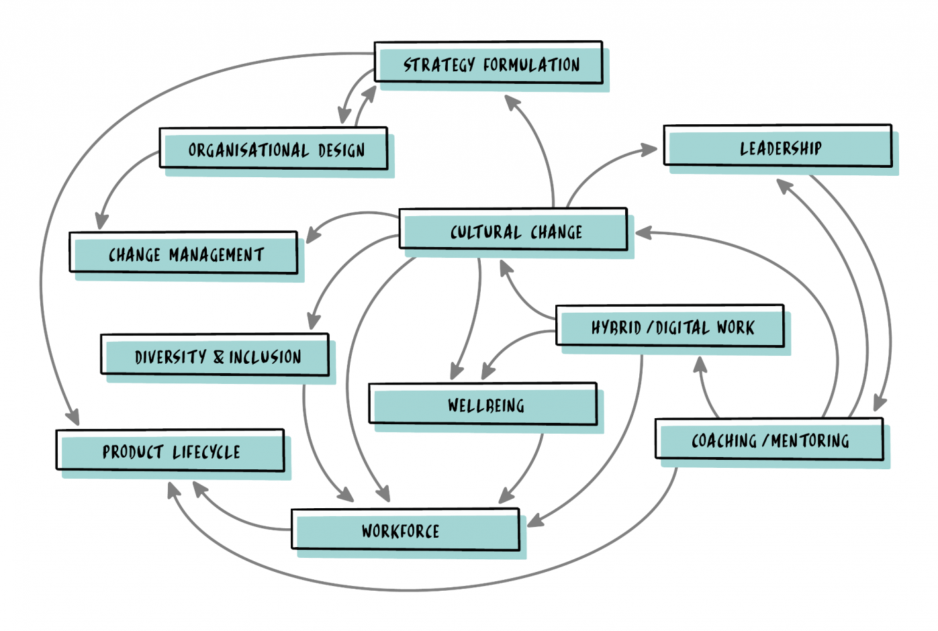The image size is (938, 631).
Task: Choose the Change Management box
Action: [x=184, y=254]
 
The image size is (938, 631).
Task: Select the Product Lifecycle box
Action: [x=171, y=451]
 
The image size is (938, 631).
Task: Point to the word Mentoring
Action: [x=810, y=441]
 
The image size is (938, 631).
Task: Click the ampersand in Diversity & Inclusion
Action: [x=219, y=356]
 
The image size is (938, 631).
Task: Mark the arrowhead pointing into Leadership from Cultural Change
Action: [x=649, y=150]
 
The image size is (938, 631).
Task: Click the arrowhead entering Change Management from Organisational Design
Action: [x=101, y=222]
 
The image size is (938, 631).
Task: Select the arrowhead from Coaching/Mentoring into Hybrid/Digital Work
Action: [x=700, y=365]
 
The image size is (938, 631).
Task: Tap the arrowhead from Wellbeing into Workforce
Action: [x=506, y=496]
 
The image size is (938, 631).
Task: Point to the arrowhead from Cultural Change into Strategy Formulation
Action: [x=512, y=102]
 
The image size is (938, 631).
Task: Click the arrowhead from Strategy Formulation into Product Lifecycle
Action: [x=73, y=418]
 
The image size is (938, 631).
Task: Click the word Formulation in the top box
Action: [x=531, y=64]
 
